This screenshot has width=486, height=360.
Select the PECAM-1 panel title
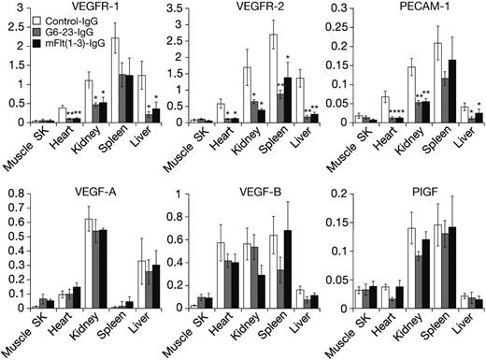(x=412, y=7)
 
